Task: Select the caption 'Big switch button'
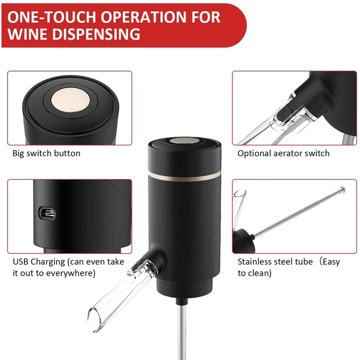coord(46,153)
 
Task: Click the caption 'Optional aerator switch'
coord(283,153)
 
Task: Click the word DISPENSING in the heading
coord(99,34)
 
